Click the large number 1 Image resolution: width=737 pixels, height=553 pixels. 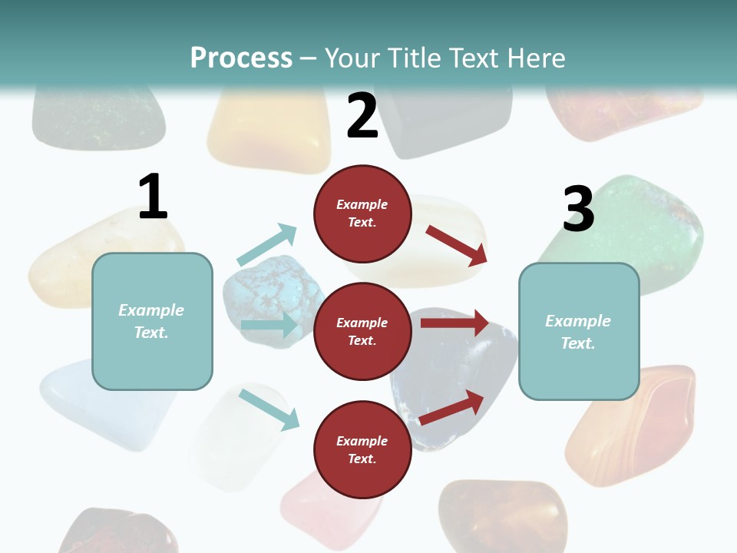click(153, 197)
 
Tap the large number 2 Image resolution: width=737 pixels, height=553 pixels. click(362, 116)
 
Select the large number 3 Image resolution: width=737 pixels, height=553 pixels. click(579, 209)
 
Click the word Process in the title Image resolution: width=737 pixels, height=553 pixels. click(241, 58)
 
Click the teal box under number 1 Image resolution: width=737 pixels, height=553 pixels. click(152, 321)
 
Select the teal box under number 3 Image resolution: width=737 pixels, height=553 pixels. click(579, 331)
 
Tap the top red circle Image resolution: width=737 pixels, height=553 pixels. click(362, 213)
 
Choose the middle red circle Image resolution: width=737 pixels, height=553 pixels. click(362, 331)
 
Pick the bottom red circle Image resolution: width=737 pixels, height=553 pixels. click(362, 449)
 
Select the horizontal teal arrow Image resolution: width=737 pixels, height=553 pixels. click(269, 325)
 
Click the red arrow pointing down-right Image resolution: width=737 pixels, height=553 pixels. click(457, 245)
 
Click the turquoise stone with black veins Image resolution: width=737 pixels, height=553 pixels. click(269, 292)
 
